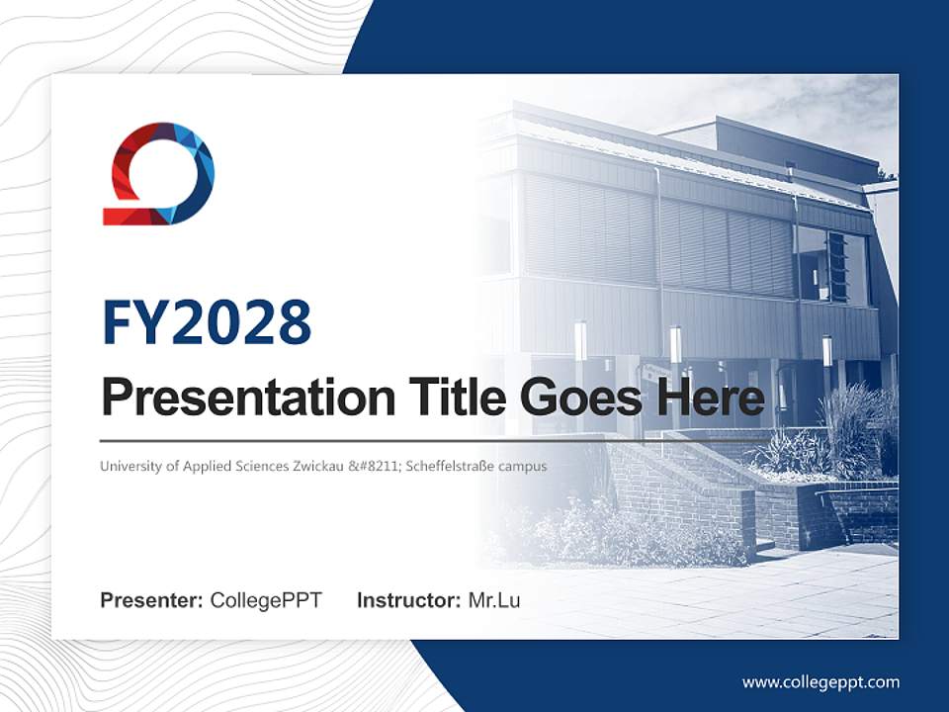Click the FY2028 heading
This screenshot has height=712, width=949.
coord(206,322)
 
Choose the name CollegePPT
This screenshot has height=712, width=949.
coord(266,600)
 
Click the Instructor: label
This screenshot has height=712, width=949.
coord(409,600)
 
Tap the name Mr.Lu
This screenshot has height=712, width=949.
coord(494,600)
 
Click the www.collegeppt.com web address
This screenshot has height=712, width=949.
coord(820,681)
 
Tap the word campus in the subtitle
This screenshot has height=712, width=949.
coord(525,465)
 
